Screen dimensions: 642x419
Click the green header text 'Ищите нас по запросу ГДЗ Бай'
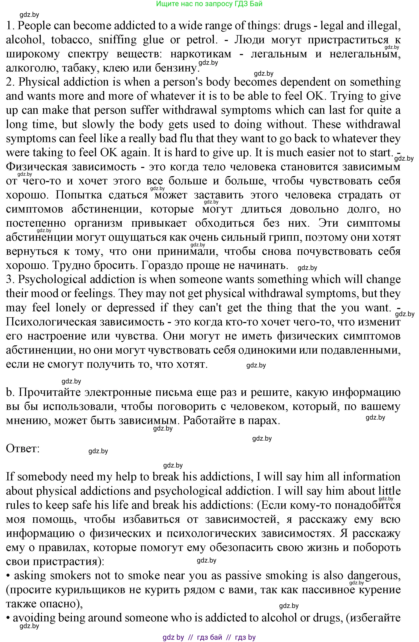click(209, 4)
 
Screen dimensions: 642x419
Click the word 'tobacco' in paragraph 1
click(71, 40)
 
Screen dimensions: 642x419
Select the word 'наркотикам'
click(201, 54)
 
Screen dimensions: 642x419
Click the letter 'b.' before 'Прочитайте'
click(10, 392)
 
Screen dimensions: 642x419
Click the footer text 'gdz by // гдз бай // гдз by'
click(209, 637)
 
